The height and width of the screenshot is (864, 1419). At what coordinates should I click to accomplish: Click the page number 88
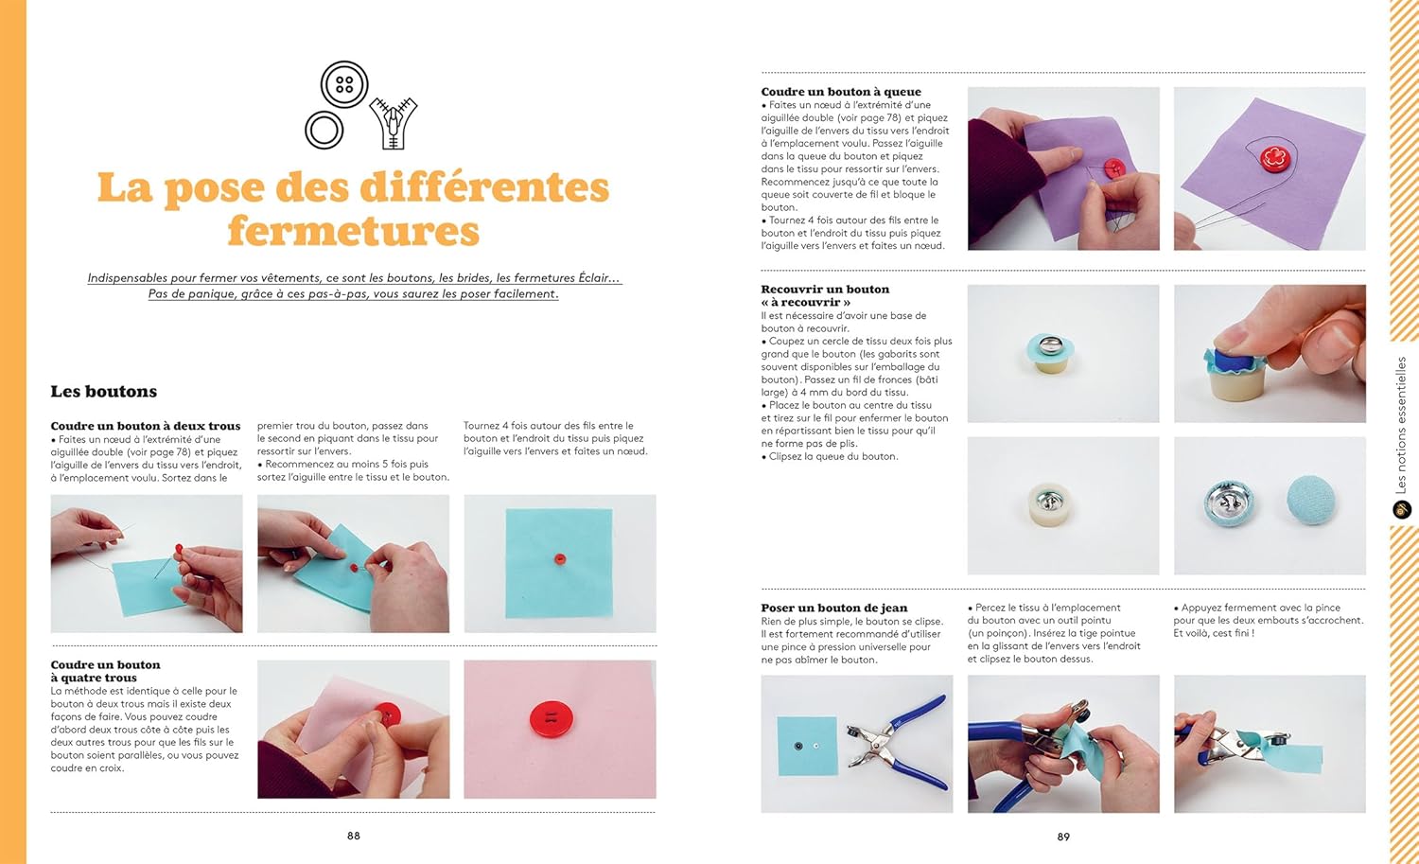(x=354, y=836)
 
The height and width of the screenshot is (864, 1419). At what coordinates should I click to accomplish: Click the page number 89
(x=1063, y=837)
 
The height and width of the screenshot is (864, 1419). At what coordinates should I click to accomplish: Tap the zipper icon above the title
(x=394, y=123)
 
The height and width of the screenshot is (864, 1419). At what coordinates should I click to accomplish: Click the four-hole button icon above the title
(x=344, y=84)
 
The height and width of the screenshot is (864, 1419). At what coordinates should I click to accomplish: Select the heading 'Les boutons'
(x=104, y=391)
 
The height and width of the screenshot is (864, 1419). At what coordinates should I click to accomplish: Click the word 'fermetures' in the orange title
(x=354, y=230)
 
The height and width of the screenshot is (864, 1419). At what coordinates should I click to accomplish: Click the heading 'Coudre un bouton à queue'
(x=841, y=92)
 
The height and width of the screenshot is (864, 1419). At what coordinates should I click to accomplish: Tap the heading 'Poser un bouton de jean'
(x=834, y=608)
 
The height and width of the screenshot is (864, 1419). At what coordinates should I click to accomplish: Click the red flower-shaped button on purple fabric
(x=1276, y=158)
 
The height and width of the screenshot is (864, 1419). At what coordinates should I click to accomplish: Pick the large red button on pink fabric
(x=552, y=719)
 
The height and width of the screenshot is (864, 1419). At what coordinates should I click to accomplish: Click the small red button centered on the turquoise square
(x=559, y=558)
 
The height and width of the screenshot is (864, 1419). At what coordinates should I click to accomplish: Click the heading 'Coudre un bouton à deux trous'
(x=146, y=426)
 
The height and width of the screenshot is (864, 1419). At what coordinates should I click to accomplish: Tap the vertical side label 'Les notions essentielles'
(x=1401, y=425)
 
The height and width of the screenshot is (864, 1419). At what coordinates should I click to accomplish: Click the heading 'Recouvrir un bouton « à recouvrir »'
(x=825, y=295)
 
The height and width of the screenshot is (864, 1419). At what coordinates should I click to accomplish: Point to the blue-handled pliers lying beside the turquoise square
(x=897, y=742)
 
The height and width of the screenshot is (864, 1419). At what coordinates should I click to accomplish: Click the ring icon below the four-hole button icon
(x=324, y=130)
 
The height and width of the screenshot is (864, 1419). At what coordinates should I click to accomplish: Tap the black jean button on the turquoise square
(x=798, y=746)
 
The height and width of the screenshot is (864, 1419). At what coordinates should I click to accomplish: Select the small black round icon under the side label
(x=1401, y=509)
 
